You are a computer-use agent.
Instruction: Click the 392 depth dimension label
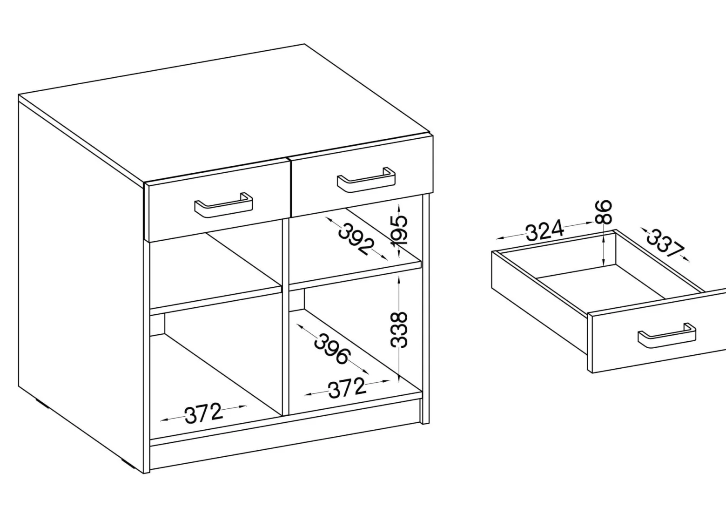[356, 239]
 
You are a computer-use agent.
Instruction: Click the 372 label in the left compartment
[203, 413]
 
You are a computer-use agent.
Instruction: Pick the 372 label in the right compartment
[347, 388]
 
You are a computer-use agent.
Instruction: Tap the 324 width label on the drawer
[544, 230]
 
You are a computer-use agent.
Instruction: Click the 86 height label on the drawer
[604, 212]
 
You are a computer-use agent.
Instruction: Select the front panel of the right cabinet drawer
[363, 177]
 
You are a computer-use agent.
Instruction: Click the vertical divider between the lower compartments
[286, 316]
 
